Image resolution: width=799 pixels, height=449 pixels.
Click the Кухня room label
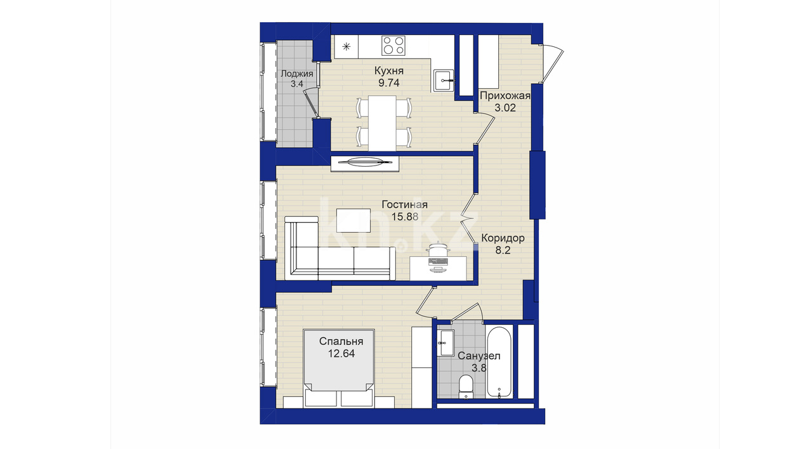[389, 71]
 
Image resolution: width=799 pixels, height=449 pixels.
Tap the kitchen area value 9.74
[389, 83]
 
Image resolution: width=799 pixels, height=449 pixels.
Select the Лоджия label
[297, 74]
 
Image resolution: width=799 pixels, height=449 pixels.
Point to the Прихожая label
[505, 96]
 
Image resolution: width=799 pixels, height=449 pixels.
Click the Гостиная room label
[404, 205]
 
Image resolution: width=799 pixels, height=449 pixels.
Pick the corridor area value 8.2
[503, 250]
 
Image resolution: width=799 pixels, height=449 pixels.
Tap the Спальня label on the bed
[341, 341]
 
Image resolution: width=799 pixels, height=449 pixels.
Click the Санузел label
[479, 356]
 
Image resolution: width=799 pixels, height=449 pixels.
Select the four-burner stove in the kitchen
[393, 46]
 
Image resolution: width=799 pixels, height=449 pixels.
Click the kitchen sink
[444, 81]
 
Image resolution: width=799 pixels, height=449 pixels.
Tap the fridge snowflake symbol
[346, 46]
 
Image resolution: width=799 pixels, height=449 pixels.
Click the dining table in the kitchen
[383, 123]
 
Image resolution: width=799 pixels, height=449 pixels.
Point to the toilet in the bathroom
[465, 387]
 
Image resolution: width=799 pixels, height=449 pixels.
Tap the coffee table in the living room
[353, 221]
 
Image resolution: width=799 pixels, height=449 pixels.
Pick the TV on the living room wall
[364, 164]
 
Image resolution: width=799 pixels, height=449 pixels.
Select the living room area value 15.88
[405, 217]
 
